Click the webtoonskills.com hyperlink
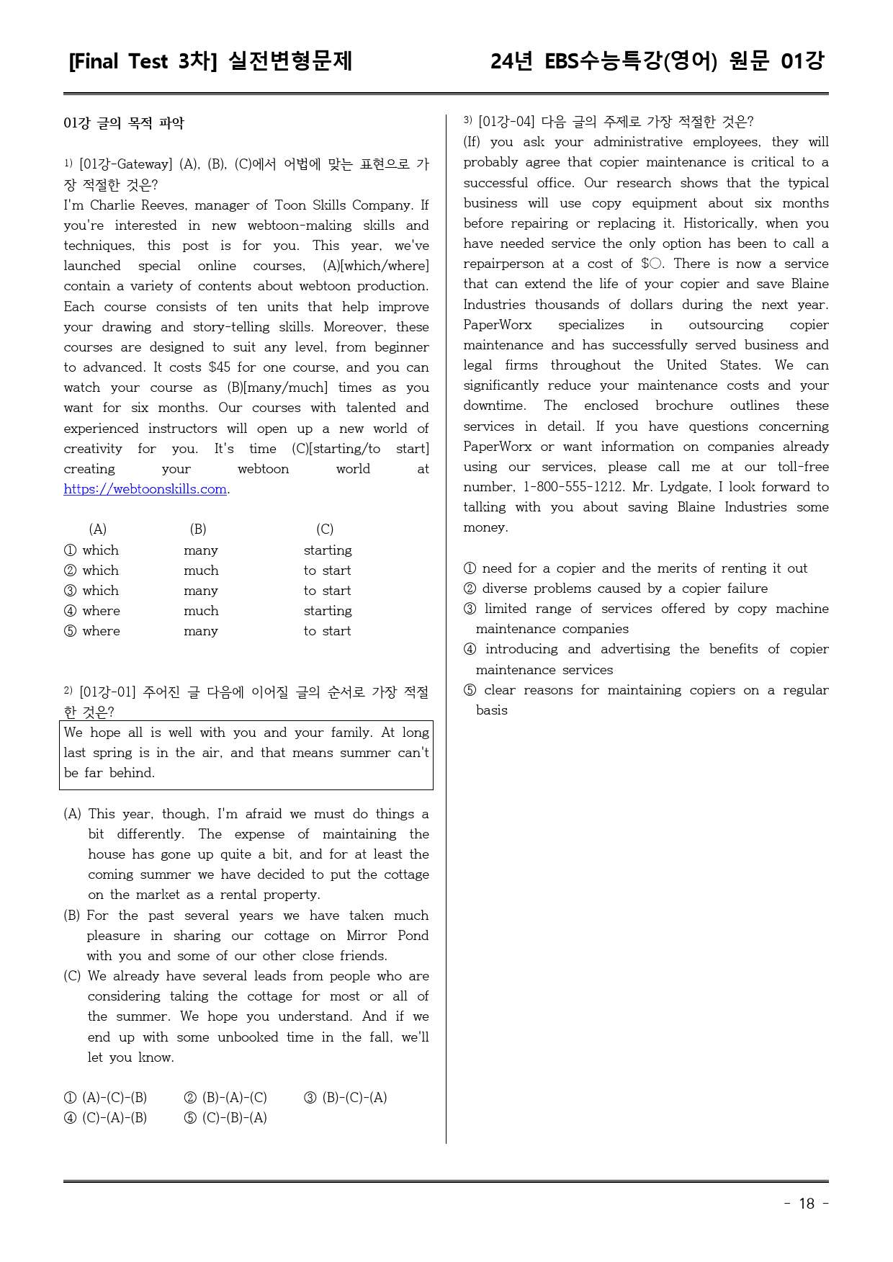[145, 489]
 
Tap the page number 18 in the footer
[807, 1204]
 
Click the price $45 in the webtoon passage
[219, 367]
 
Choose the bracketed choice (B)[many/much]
[277, 388]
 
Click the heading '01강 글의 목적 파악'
[124, 123]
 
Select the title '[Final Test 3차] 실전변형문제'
[210, 61]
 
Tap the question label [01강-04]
[507, 122]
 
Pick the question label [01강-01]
[107, 692]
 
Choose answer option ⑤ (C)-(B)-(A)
[226, 1118]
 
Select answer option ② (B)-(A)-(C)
[226, 1098]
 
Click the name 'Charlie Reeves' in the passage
[138, 205]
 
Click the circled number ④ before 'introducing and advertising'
[470, 649]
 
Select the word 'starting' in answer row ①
[328, 550]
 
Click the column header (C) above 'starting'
[325, 529]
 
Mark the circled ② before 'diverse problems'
[470, 589]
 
